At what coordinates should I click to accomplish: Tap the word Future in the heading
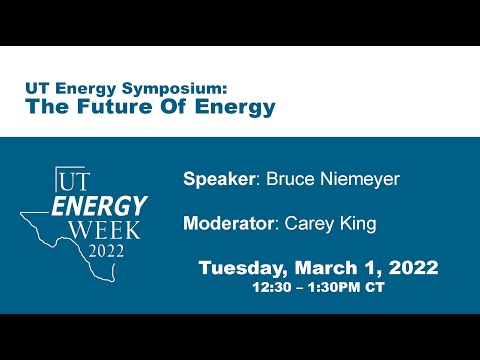(x=110, y=105)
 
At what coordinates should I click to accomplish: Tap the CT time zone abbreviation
(x=371, y=286)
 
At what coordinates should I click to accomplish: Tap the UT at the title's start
(x=36, y=87)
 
